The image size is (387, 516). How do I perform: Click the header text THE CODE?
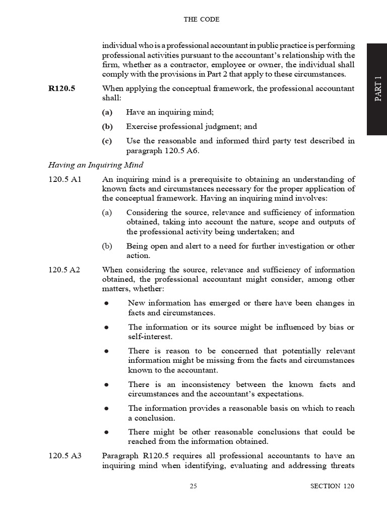click(201, 20)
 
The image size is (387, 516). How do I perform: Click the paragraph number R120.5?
click(61, 89)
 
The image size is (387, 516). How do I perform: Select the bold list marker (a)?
click(107, 112)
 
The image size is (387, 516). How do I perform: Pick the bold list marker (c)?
click(107, 141)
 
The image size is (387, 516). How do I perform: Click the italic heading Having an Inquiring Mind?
click(96, 165)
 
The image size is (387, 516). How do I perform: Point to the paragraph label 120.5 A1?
click(64, 179)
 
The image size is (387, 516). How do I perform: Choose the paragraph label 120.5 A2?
click(64, 270)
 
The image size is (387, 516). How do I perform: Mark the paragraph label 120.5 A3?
click(64, 456)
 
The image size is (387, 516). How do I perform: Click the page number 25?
click(193, 486)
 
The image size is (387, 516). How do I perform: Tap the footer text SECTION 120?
click(332, 486)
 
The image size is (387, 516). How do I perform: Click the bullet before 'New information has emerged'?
click(106, 303)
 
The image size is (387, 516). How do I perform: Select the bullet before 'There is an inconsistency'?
click(106, 385)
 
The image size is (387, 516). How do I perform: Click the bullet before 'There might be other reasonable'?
click(106, 432)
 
